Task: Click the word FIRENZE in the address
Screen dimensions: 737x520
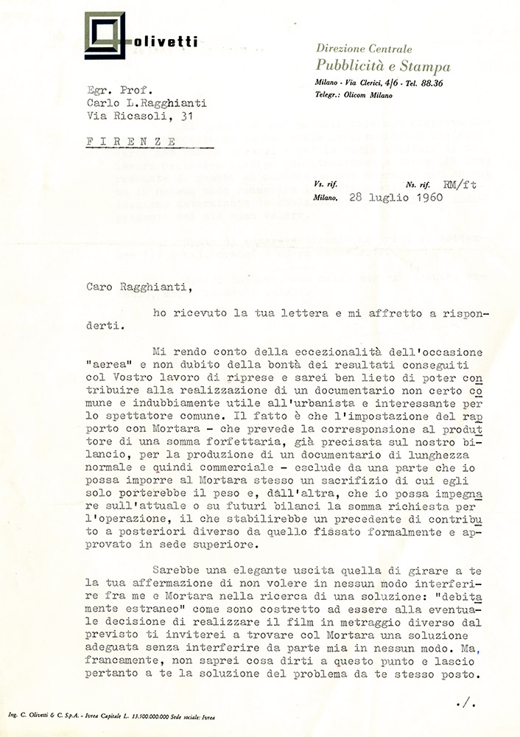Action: pyautogui.click(x=132, y=140)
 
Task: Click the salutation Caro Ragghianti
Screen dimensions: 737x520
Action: pyautogui.click(x=133, y=281)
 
